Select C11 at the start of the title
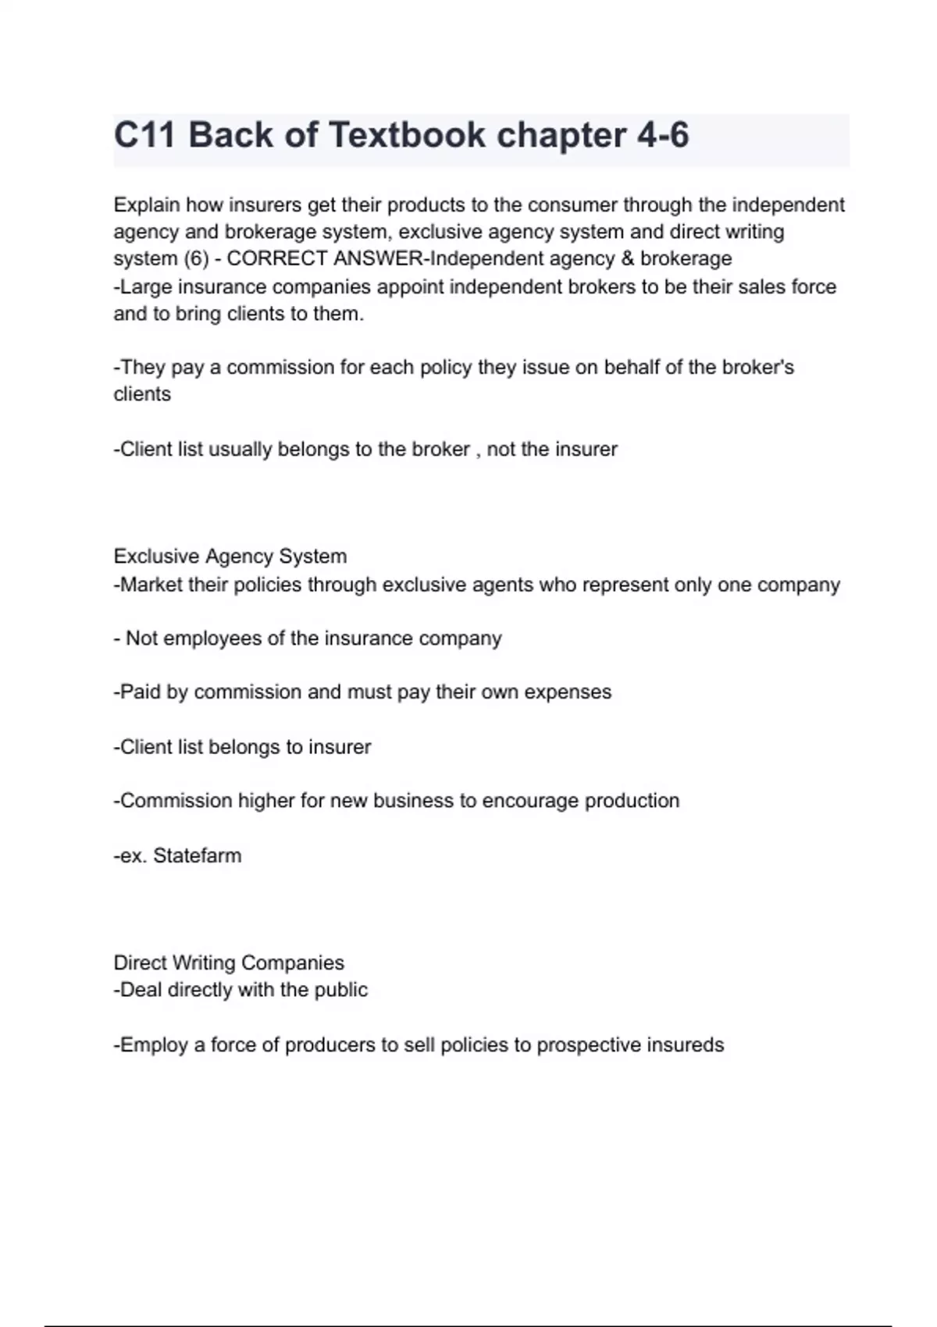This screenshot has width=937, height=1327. click(144, 135)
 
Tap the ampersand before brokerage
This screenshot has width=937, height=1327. click(627, 259)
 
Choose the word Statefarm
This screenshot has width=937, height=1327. click(198, 856)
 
